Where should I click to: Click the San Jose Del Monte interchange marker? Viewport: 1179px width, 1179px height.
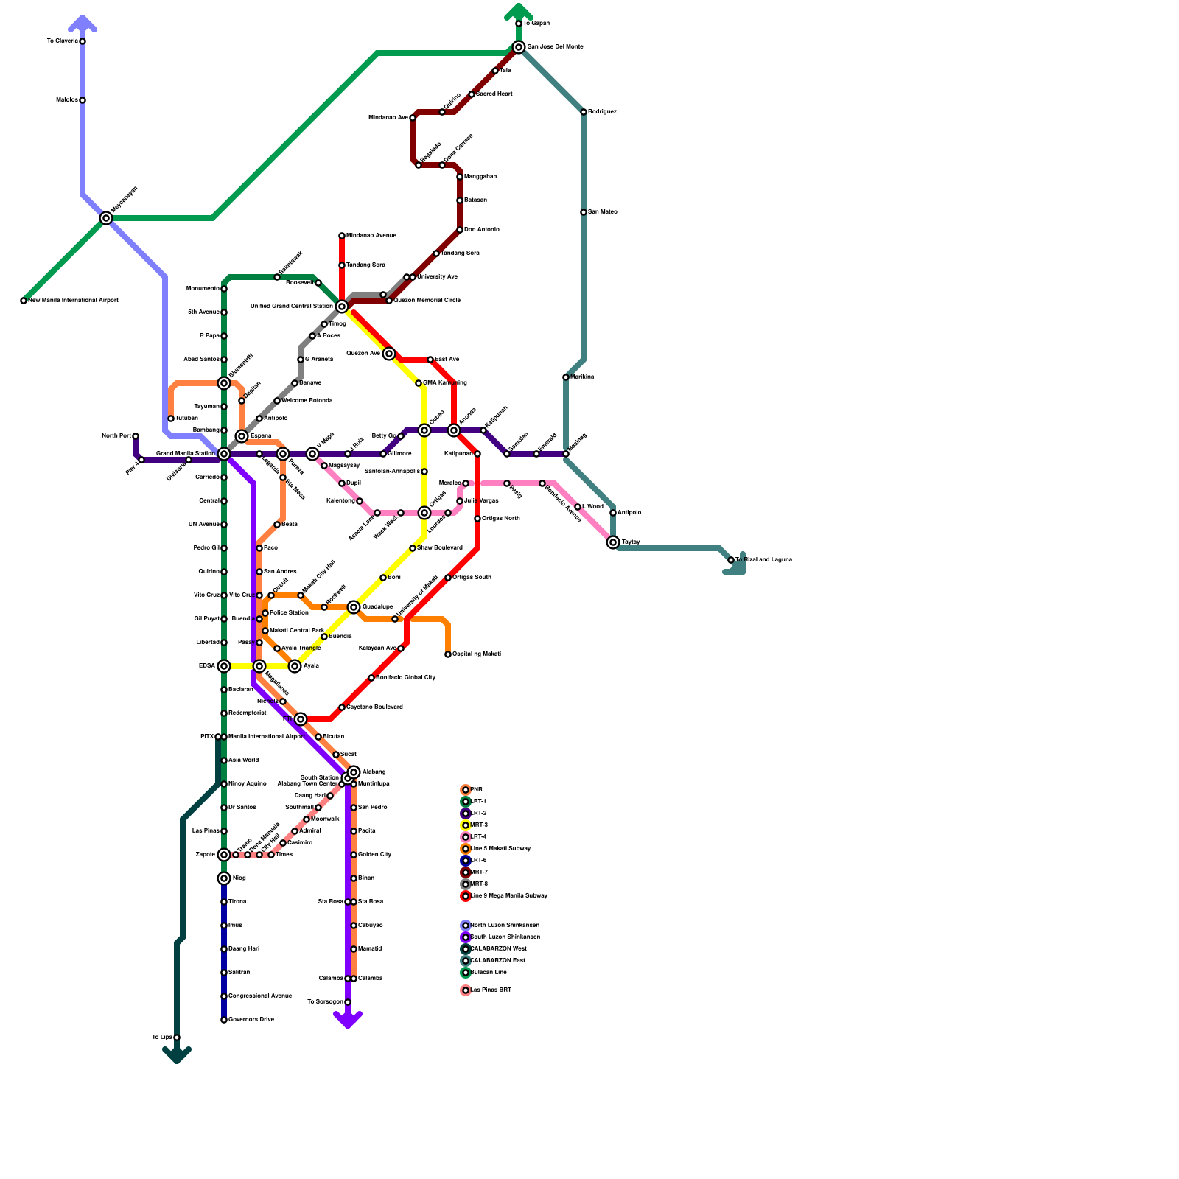point(519,47)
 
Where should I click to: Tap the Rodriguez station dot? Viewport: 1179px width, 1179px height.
point(584,112)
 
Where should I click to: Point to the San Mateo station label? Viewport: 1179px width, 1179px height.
point(603,212)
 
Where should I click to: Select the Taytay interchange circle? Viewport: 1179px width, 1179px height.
point(613,542)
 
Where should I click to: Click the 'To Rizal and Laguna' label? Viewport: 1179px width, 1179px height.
point(763,560)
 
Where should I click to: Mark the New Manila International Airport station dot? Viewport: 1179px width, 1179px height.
point(24,301)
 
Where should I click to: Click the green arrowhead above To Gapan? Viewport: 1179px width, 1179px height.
point(519,10)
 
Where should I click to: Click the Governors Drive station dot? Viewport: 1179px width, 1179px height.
point(224,1020)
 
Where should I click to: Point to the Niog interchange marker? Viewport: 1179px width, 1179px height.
point(224,878)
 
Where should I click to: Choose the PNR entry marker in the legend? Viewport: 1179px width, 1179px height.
point(466,790)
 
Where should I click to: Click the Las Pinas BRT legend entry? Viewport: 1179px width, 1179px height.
point(491,990)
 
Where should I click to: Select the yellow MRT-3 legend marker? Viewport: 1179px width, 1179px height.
point(466,825)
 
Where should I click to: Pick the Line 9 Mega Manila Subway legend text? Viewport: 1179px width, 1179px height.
point(508,896)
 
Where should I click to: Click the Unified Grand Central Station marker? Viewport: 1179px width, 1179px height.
point(342,307)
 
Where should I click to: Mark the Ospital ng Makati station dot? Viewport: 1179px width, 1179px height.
point(448,654)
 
